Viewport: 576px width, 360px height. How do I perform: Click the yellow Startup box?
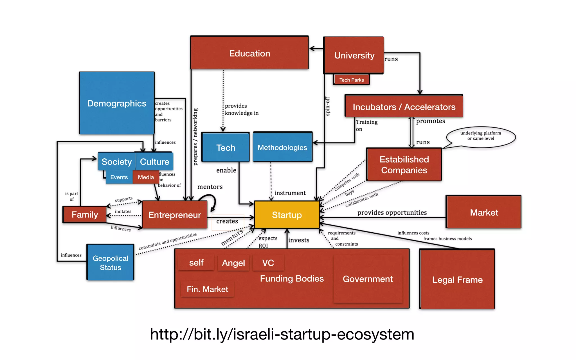(x=287, y=215)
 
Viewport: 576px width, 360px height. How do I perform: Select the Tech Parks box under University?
(x=351, y=80)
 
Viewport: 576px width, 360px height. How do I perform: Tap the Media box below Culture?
(x=146, y=177)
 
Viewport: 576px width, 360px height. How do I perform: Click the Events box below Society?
(x=119, y=177)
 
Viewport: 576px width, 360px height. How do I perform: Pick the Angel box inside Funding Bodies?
(x=233, y=263)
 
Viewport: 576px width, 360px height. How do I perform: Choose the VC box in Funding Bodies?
(x=268, y=263)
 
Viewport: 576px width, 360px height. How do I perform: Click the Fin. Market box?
(x=207, y=289)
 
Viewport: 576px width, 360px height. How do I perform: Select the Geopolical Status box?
(x=111, y=262)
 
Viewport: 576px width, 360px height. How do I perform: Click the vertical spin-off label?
(x=327, y=106)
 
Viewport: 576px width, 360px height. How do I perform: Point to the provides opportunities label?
(x=392, y=213)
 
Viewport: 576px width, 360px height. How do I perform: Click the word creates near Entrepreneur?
(x=227, y=221)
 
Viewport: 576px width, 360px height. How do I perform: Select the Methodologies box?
(x=282, y=147)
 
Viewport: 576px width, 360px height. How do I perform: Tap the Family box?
(x=85, y=215)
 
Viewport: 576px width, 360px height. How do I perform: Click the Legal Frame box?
(x=457, y=280)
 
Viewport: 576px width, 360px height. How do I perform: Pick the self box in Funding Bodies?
(x=196, y=263)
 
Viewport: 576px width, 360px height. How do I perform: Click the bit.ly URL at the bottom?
(x=282, y=334)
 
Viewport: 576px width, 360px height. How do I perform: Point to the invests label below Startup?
(x=299, y=240)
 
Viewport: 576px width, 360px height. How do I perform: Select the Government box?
(x=368, y=279)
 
